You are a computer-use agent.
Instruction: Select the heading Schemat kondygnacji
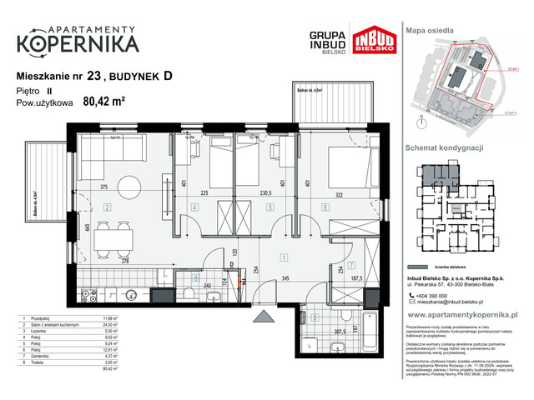[x=445, y=147]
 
